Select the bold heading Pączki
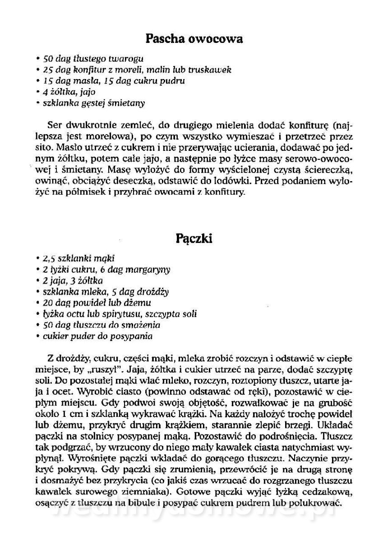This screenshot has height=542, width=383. click(x=191, y=238)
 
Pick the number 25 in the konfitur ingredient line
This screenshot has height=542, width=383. click(x=48, y=70)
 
